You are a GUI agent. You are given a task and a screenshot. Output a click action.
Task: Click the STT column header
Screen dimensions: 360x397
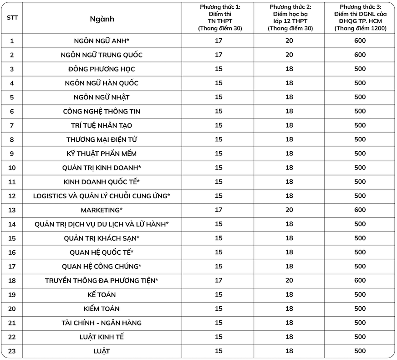(12, 18)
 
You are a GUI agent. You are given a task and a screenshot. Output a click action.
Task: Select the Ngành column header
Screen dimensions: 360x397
(102, 19)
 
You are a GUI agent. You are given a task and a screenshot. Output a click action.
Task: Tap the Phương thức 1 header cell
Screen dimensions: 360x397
(219, 18)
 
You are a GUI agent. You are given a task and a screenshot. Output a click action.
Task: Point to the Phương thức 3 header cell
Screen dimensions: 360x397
(360, 18)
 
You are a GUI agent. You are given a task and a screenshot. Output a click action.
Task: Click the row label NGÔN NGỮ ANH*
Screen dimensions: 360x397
(102, 41)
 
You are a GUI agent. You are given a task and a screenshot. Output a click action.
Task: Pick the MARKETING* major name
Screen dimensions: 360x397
(102, 210)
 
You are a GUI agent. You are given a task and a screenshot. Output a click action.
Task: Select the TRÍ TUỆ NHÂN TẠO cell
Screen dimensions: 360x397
(102, 125)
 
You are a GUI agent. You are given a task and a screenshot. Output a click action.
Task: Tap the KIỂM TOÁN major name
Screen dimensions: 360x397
(102, 309)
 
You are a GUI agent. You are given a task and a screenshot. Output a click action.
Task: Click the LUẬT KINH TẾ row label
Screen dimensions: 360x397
(102, 337)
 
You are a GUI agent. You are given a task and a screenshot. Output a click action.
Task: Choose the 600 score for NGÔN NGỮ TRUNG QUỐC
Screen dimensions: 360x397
(360, 55)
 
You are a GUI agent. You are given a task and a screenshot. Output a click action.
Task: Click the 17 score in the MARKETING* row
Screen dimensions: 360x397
(219, 210)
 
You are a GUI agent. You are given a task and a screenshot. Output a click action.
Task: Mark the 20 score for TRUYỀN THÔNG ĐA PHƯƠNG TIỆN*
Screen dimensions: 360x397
(289, 280)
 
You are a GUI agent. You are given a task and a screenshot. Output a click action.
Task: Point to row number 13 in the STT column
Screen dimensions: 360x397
(12, 210)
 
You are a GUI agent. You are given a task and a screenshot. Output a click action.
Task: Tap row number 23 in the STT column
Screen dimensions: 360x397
(12, 351)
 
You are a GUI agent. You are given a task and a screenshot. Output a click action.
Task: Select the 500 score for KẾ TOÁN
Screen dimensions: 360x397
(360, 294)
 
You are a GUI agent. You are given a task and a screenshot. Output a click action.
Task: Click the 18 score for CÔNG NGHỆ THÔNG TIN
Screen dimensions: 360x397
(289, 111)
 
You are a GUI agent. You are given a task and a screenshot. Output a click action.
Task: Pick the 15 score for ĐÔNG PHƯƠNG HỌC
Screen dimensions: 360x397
(219, 69)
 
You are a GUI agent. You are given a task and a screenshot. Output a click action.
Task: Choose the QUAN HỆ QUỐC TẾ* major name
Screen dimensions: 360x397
(102, 252)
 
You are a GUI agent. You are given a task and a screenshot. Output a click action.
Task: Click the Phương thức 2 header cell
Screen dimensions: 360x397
(289, 18)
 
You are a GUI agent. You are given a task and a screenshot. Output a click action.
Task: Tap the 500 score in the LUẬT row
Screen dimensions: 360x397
(360, 351)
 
